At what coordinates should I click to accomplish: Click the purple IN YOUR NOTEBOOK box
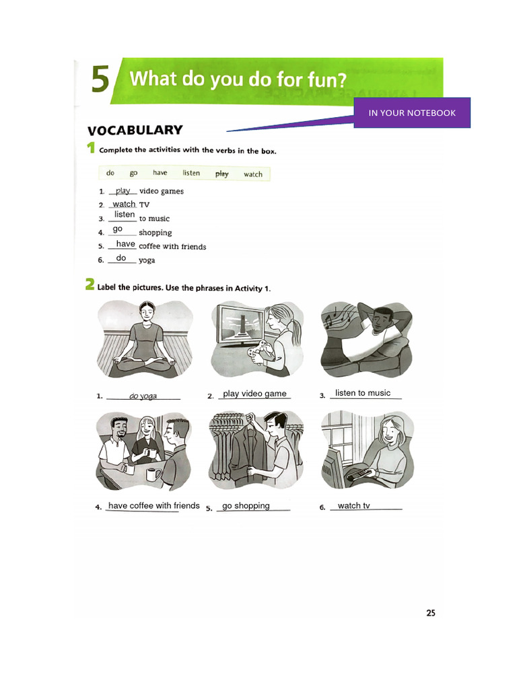[x=412, y=112]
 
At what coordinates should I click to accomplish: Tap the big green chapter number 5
[x=100, y=79]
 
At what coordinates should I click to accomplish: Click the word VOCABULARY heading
[x=135, y=131]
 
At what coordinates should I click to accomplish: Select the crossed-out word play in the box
[x=221, y=174]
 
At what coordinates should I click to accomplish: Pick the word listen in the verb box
[x=191, y=174]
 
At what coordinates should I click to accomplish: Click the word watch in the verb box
[x=253, y=174]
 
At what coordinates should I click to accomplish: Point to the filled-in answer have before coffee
[x=125, y=244]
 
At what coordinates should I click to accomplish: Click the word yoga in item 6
[x=147, y=260]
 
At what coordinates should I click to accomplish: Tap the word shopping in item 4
[x=155, y=233]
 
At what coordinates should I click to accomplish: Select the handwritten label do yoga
[x=143, y=396]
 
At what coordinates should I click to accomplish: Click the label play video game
[x=254, y=394]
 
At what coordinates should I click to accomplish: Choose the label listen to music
[x=362, y=393]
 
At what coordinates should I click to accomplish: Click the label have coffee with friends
[x=154, y=506]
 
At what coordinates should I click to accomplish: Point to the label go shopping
[x=246, y=506]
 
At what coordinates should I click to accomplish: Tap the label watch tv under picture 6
[x=353, y=506]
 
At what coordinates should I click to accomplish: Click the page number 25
[x=431, y=613]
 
